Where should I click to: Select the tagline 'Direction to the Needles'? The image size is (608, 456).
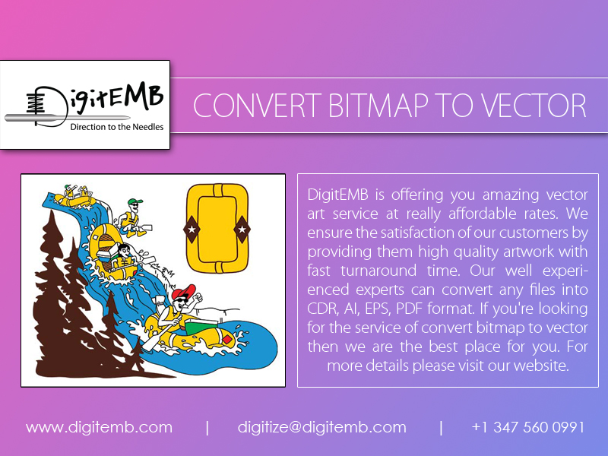116,127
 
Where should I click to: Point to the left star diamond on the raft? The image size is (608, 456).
192,228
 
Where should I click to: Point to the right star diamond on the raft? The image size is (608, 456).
242,227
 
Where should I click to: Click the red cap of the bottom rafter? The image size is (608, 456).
182,293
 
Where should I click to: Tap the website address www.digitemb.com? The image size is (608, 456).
99,427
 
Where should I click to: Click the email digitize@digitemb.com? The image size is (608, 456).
321,427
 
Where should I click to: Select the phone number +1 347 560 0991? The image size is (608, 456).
527,427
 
